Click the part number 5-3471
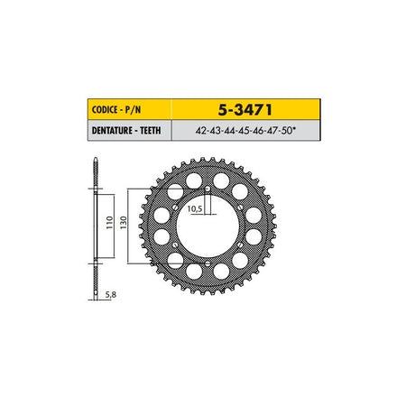(245, 110)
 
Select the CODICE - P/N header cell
(130, 109)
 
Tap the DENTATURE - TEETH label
(126, 131)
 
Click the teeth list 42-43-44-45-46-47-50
(244, 131)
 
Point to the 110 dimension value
(109, 223)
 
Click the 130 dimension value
(124, 223)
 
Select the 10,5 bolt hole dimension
(195, 208)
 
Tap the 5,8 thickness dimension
(111, 295)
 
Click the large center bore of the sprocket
(208, 226)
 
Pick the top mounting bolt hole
(208, 189)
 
